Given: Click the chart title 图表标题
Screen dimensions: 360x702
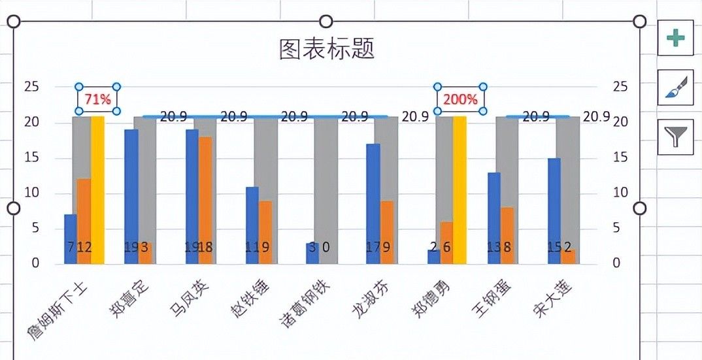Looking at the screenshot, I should tap(326, 49).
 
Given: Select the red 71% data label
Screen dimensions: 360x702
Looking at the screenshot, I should tap(98, 99).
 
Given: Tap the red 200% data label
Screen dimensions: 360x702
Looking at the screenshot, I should tap(461, 99).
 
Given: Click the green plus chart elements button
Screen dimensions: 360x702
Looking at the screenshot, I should tap(675, 38).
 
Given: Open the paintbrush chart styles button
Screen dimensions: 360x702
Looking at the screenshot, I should tap(675, 88).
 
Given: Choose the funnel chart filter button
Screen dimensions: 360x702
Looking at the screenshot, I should tap(675, 137).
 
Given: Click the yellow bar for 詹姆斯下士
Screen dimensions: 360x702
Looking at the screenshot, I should tap(98, 189).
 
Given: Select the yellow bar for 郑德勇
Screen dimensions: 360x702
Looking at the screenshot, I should tap(460, 189).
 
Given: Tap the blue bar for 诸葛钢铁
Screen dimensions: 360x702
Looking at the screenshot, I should tap(312, 254).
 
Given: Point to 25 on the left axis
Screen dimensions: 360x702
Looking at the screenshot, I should tap(31, 87).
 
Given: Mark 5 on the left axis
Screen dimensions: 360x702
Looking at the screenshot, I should tap(35, 228).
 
